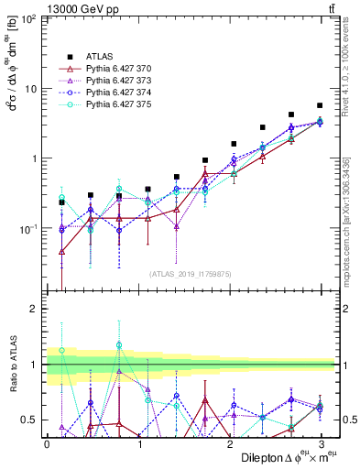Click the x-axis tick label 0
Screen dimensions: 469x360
coord(47,443)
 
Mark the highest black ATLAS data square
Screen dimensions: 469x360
coord(320,105)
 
